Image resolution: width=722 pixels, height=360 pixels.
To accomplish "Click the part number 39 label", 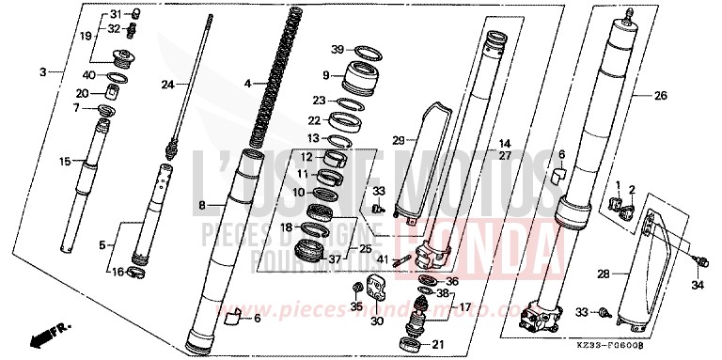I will (x=337, y=49).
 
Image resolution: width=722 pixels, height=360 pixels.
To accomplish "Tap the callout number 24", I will (x=167, y=85).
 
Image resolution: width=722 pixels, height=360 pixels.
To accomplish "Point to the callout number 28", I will (x=604, y=274).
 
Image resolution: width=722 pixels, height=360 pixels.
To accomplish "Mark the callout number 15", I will (x=65, y=162).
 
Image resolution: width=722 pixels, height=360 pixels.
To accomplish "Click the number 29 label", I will (x=398, y=140).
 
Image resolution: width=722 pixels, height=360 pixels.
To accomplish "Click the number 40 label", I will (x=88, y=75).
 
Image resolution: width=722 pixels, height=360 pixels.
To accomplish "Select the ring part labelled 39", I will (x=364, y=49).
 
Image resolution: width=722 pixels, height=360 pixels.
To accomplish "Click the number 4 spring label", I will (x=247, y=85).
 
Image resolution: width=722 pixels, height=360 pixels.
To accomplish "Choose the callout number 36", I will (x=451, y=280).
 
